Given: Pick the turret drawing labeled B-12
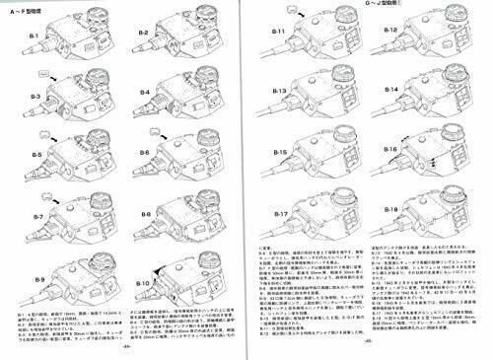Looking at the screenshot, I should (434, 49).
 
